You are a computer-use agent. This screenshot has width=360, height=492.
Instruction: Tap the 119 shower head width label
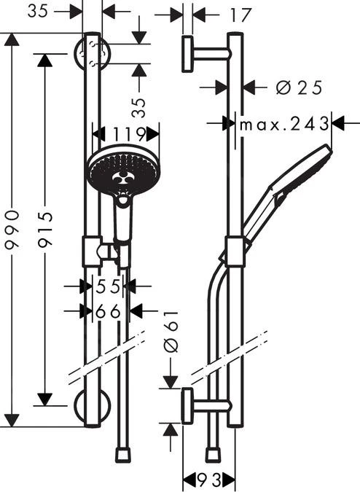(129, 134)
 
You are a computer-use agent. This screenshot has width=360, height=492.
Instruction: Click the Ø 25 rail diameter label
(300, 87)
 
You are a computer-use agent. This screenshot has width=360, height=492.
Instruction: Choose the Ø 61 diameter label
(171, 332)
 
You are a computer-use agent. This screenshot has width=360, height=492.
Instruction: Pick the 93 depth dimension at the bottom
(209, 479)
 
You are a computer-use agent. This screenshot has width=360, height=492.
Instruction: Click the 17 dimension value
(240, 15)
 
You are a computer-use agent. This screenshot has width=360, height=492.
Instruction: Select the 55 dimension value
(108, 286)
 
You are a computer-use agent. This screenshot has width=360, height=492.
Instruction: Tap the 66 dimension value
(108, 311)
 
